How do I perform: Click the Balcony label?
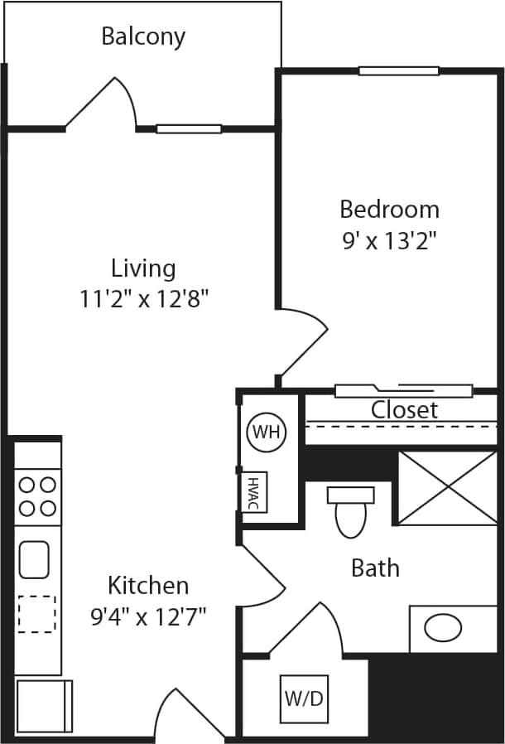pos(143,36)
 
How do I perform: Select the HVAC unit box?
pos(252,492)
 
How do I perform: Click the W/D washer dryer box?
pos(304,698)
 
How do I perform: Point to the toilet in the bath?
pos(350,511)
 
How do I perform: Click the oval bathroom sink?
pos(443,628)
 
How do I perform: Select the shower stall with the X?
pos(448,488)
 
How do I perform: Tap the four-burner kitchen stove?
pos(37,495)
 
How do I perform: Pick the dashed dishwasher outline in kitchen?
pos(36,614)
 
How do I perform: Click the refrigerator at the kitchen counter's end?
pos(44,706)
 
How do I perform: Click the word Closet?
pos(404,409)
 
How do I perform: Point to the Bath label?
pos(375,568)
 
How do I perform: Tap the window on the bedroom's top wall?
pos(398,70)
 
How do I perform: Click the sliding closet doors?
pos(403,390)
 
